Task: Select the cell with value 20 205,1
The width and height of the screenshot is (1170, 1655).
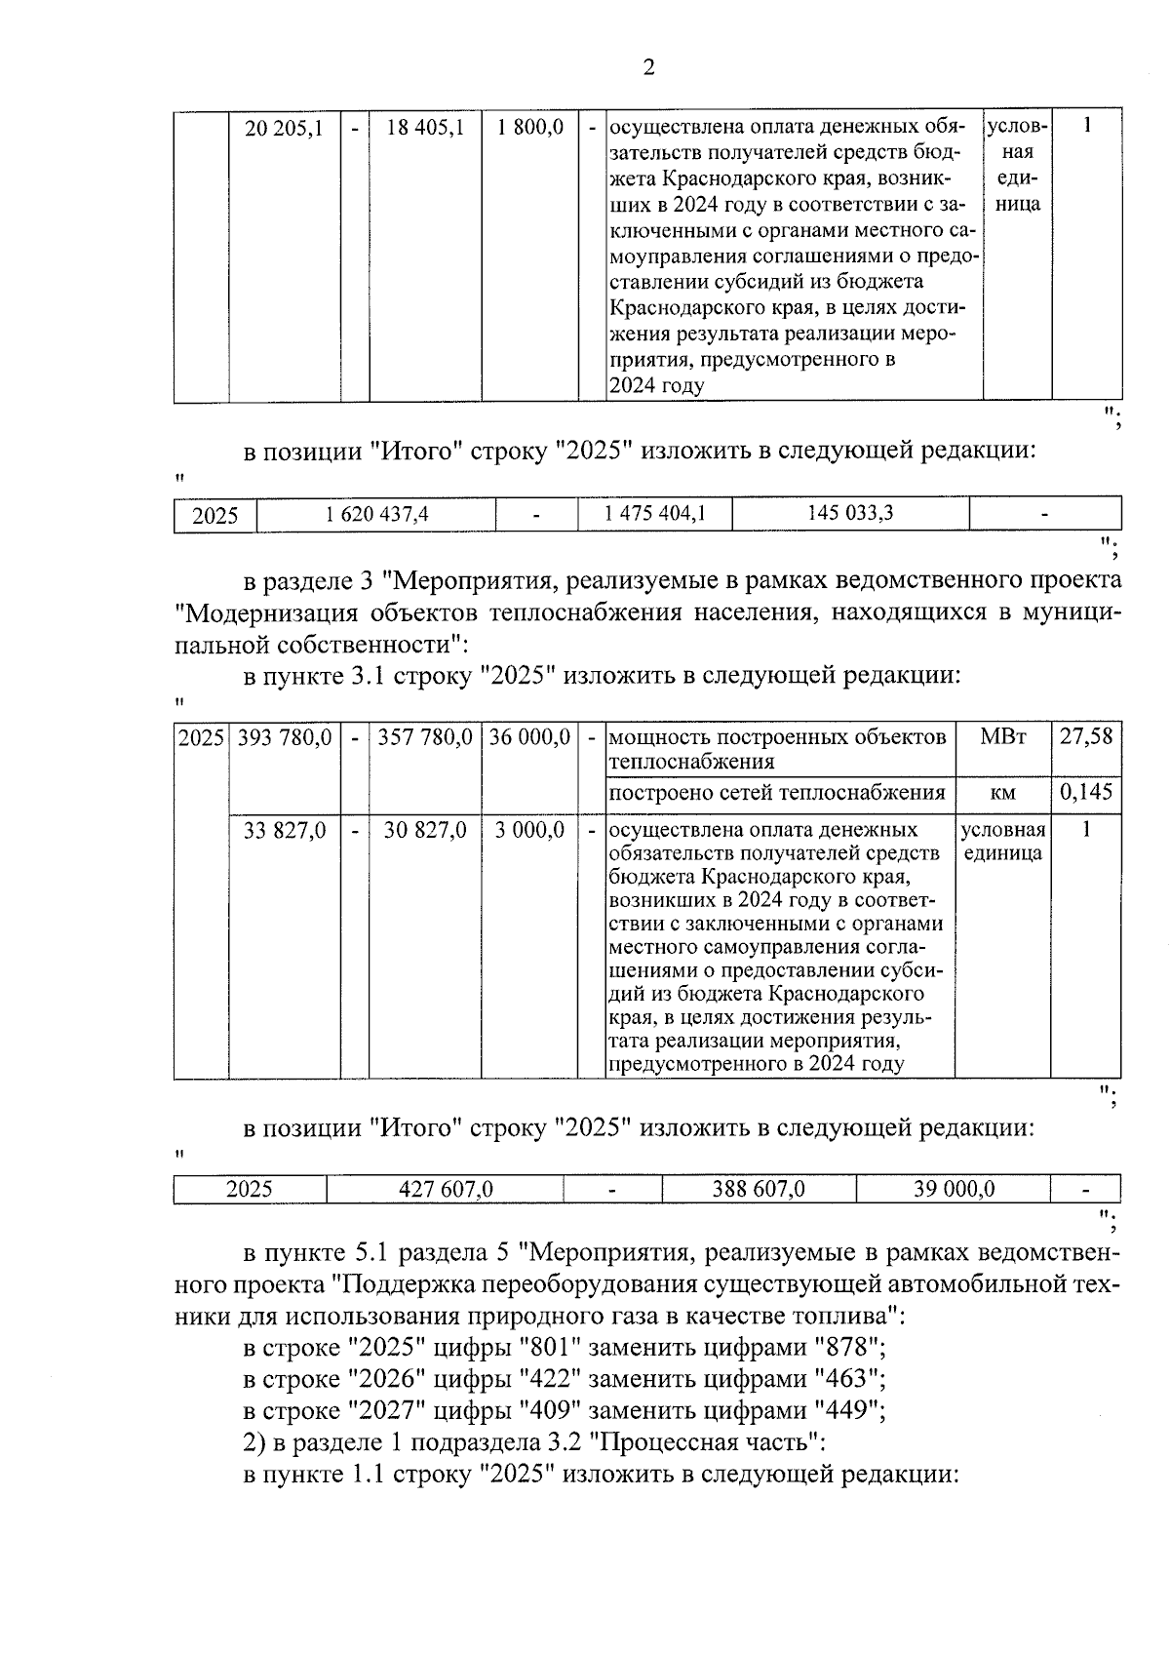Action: (284, 128)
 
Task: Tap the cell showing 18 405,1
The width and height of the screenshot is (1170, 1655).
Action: (425, 128)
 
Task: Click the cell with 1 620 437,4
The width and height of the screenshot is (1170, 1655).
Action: (376, 514)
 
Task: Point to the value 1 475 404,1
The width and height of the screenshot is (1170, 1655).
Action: (654, 514)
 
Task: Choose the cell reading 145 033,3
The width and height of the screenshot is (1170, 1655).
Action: (850, 513)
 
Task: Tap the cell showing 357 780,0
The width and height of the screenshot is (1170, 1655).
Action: (425, 737)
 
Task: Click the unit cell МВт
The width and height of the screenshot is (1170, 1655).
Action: (1002, 737)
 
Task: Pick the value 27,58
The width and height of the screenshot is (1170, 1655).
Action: (1086, 737)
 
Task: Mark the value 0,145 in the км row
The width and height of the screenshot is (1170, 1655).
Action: (1086, 792)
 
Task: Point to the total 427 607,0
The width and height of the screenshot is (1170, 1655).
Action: (446, 1189)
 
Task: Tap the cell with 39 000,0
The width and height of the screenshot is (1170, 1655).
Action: (954, 1189)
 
